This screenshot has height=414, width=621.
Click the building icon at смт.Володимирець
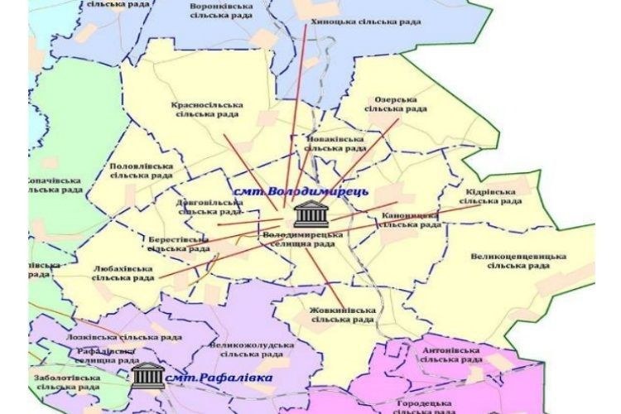pos(311,213)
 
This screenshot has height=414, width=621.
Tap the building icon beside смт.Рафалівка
pos(147,375)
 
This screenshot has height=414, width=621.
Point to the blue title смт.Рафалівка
pos(219,378)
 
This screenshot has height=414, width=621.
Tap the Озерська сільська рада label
pos(395,103)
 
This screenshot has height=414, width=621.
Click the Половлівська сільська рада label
pos(142,171)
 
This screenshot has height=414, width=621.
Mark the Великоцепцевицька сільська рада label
pos(518,261)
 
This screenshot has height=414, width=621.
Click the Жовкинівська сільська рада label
pos(342,315)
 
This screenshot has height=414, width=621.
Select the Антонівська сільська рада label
pos(450,354)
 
